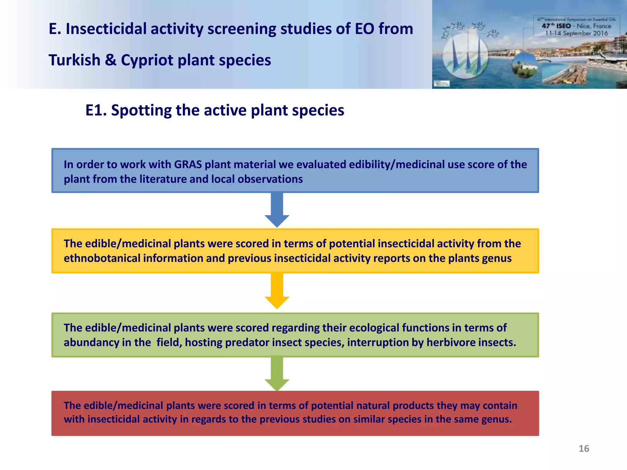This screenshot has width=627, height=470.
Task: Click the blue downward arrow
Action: (x=277, y=210)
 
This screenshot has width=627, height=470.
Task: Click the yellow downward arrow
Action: (x=277, y=291)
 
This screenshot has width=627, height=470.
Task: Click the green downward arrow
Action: (x=277, y=373)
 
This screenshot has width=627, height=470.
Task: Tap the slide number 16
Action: (x=584, y=449)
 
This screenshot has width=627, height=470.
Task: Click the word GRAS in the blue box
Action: (x=188, y=165)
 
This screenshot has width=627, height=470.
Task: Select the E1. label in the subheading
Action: (x=96, y=110)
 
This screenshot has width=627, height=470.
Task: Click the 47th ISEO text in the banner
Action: (x=556, y=26)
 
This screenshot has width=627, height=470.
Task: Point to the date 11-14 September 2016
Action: (x=576, y=33)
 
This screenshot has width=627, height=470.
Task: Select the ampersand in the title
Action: (x=111, y=60)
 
